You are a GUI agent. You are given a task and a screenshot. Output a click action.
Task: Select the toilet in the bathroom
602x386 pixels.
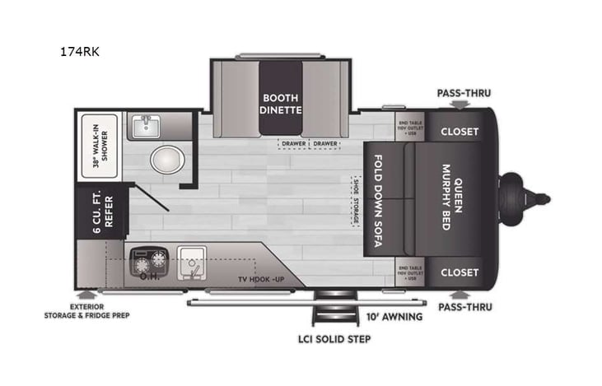pos(168,159)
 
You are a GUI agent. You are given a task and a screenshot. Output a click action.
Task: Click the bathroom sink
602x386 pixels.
pos(147,126)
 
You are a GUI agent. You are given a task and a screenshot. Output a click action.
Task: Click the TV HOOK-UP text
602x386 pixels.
pos(259,280)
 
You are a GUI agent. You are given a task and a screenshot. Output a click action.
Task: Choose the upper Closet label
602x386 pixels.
pos(460,131)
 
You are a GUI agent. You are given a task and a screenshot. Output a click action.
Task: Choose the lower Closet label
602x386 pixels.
pos(460,272)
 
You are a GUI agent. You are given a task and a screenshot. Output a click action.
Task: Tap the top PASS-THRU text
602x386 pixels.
pos(464,93)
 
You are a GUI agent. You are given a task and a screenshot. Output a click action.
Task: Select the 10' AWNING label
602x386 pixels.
pos(394,316)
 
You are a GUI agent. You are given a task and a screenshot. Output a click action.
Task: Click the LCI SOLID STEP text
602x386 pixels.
pos(334,339)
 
